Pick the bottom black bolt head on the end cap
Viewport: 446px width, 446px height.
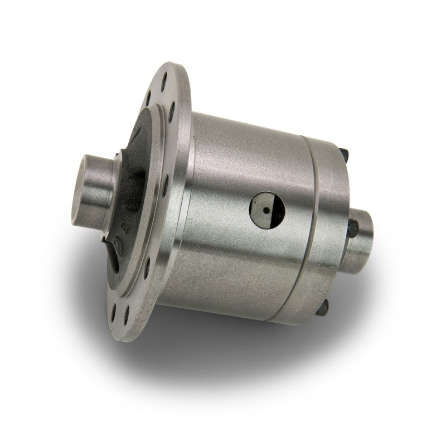[323, 306]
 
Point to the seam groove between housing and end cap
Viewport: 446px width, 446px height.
[312, 223]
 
